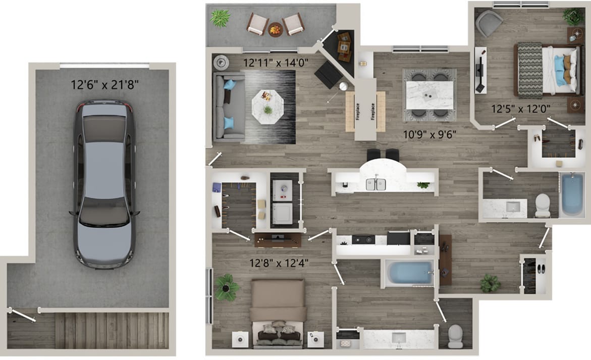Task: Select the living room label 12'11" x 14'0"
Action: click(x=276, y=64)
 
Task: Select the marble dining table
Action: click(x=429, y=94)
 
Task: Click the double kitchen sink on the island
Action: click(x=376, y=184)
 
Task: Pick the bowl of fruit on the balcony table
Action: click(x=276, y=30)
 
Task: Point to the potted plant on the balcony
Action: click(x=220, y=18)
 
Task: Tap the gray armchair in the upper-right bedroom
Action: click(x=488, y=23)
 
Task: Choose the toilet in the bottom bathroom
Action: click(x=455, y=335)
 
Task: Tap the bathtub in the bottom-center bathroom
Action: click(x=409, y=273)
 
